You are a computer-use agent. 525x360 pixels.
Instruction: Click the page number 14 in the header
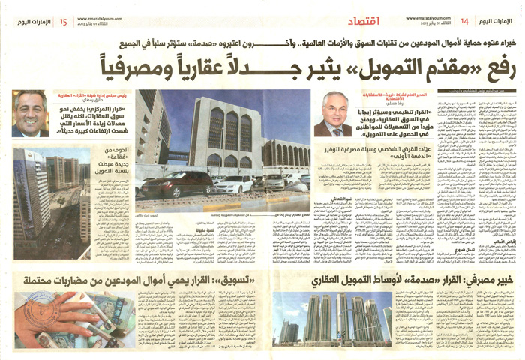tap(464, 21)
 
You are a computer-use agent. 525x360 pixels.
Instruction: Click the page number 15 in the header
tap(63, 21)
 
